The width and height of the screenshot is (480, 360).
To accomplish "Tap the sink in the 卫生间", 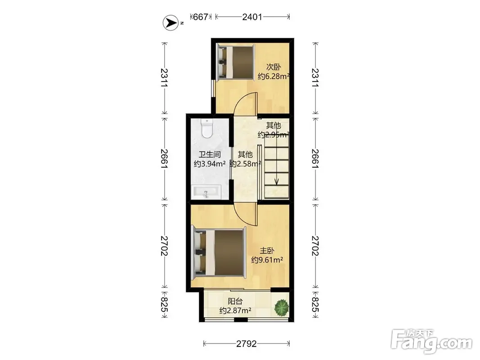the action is click(x=206, y=192).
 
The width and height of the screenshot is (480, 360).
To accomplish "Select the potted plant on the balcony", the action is click(x=282, y=307).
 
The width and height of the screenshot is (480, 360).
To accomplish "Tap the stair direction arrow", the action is click(x=276, y=165).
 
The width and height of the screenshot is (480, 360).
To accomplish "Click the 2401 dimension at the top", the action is click(x=252, y=17).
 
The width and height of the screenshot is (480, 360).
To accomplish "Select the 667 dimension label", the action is click(x=201, y=17).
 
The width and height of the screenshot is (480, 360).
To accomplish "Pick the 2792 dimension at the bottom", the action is click(x=247, y=344).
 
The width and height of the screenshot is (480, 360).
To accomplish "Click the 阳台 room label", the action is click(x=235, y=301).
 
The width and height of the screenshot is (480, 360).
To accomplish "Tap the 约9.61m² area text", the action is click(x=267, y=260).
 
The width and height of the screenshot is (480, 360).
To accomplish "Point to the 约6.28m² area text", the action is click(x=274, y=76).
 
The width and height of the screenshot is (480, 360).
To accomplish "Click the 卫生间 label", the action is click(x=210, y=155).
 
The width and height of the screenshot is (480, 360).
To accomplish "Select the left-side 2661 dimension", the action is click(x=164, y=158).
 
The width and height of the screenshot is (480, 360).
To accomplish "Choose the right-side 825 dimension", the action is click(x=315, y=305).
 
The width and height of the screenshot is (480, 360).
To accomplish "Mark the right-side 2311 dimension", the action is click(x=315, y=77).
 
